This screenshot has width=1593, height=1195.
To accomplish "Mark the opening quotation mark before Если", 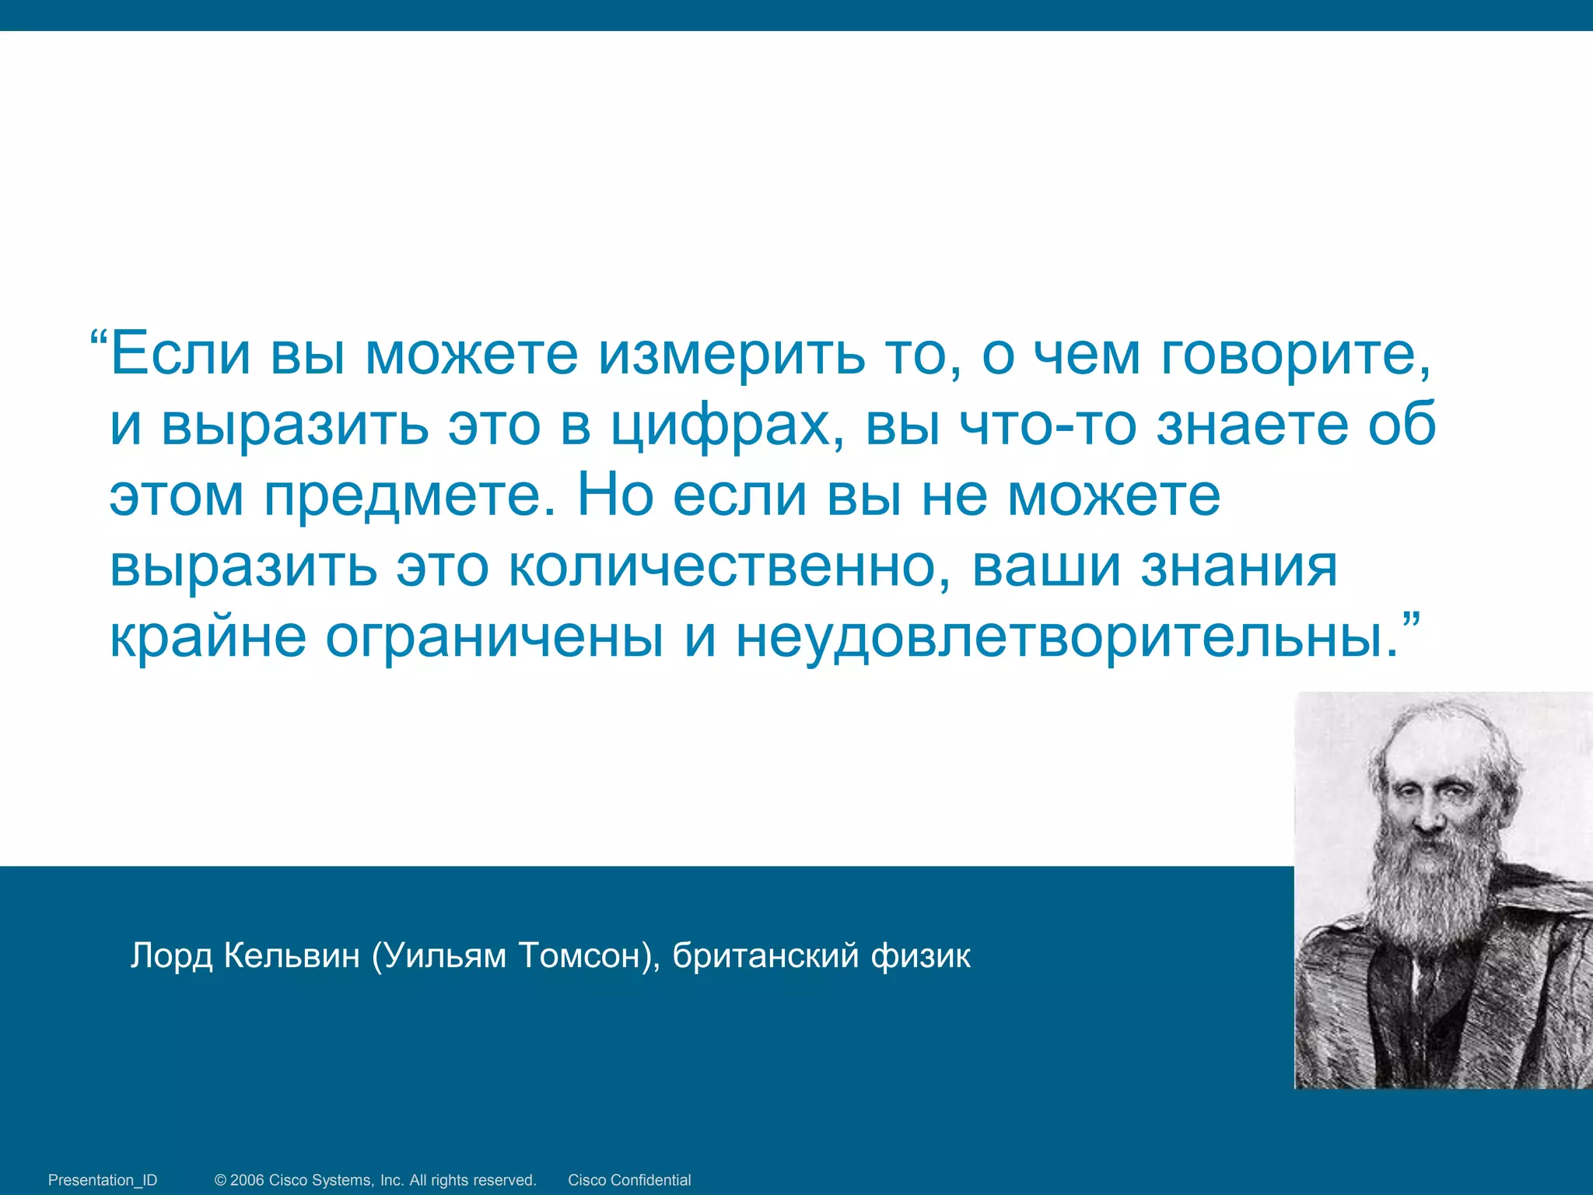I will pos(99,341).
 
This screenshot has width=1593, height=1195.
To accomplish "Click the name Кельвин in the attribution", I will pos(292,955).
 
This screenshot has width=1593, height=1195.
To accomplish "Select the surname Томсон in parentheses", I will pos(583,955).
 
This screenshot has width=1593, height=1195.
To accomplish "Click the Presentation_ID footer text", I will pos(103,1180).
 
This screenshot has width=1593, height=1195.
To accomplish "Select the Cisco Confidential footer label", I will pos(629,1180).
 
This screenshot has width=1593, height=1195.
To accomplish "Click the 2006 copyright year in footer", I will pos(247,1180).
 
